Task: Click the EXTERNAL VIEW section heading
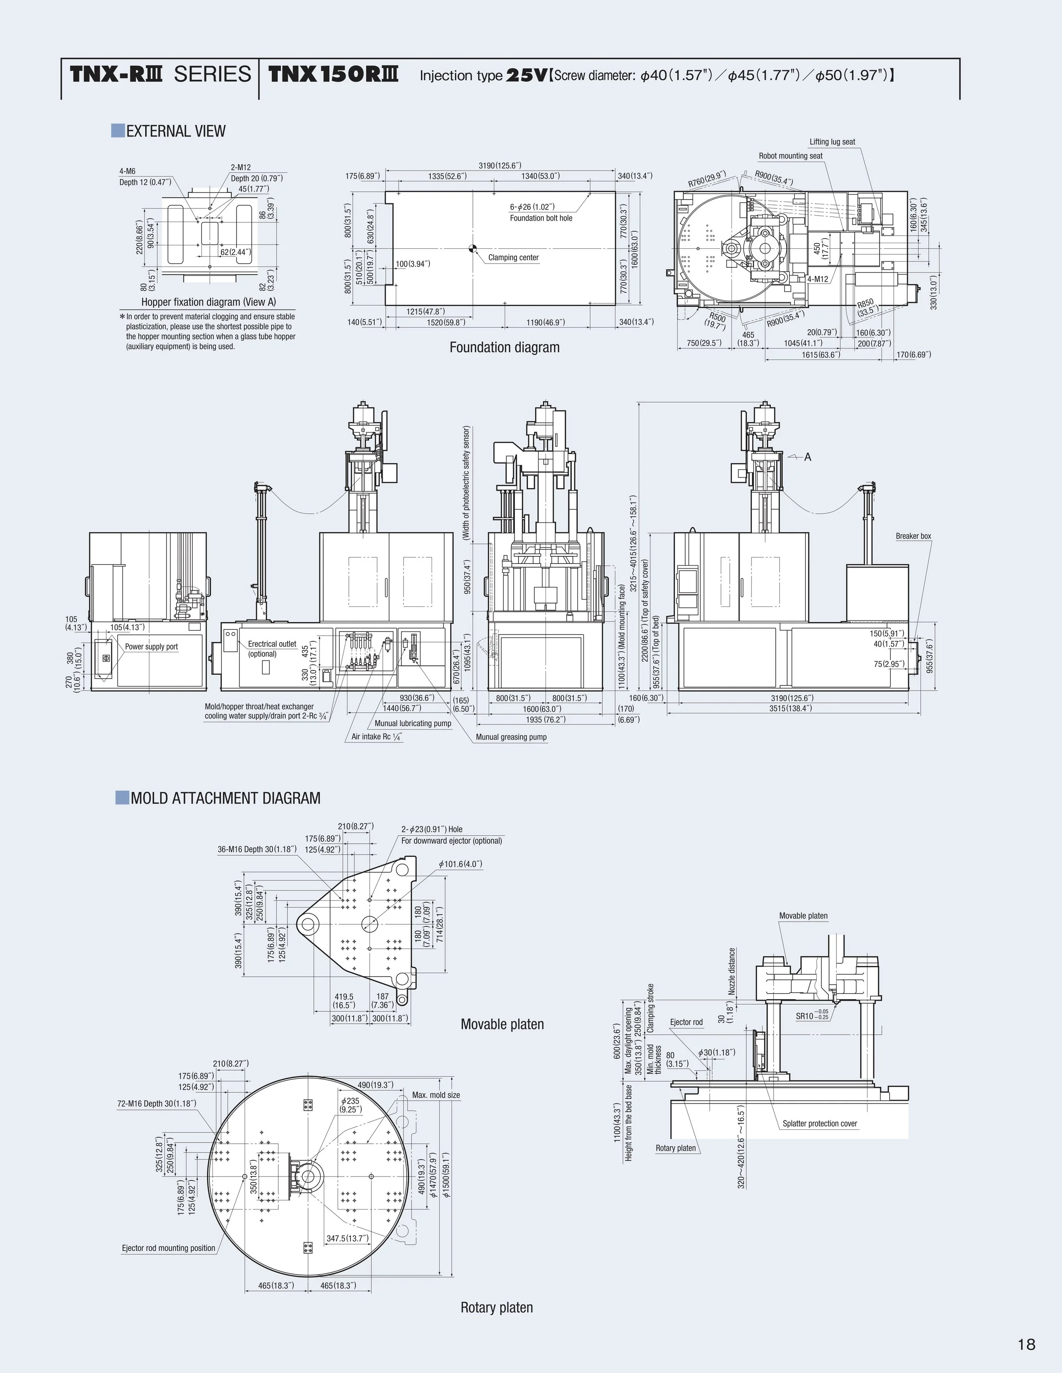pyautogui.click(x=175, y=132)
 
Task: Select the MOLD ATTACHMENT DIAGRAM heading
pyautogui.click(x=225, y=798)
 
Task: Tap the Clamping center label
pyautogui.click(x=514, y=257)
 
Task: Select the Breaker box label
pyautogui.click(x=913, y=536)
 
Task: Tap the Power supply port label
pyautogui.click(x=151, y=646)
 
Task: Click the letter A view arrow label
pyautogui.click(x=808, y=457)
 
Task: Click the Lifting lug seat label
pyautogui.click(x=832, y=142)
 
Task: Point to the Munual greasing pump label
pyautogui.click(x=511, y=737)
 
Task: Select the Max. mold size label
pyautogui.click(x=435, y=1095)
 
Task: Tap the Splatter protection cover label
pyautogui.click(x=820, y=1123)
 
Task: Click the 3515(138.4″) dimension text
pyautogui.click(x=791, y=708)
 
